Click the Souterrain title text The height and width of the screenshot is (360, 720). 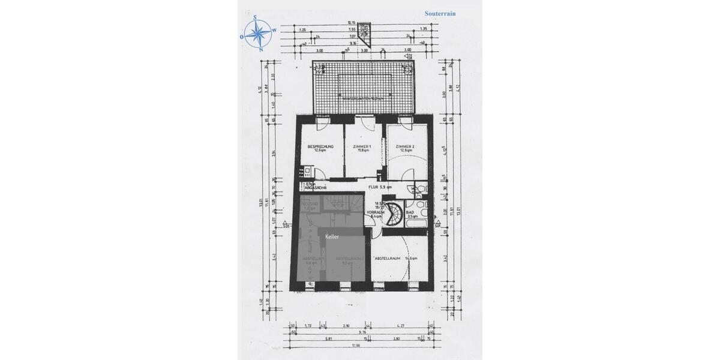445,13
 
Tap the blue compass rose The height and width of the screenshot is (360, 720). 259,34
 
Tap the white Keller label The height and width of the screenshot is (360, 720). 332,237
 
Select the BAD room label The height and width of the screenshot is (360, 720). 410,211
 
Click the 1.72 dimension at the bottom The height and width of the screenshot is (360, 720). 308,324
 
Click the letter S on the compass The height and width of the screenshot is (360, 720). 255,17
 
